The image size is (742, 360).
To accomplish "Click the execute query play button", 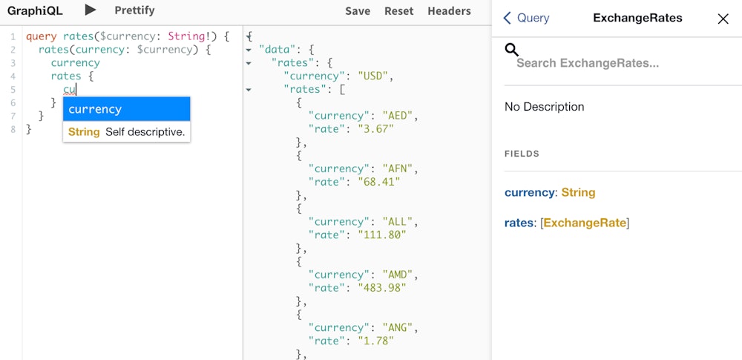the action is coord(91,10).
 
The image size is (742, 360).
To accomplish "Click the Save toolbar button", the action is coord(358,11).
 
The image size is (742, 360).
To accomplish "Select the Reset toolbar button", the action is coord(399,11).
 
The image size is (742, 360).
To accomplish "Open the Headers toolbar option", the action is coord(449,11).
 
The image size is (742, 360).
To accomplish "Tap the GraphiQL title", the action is coord(35,10).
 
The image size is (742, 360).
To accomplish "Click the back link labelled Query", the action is coord(526,18).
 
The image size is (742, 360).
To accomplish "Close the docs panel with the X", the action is coord(723,19).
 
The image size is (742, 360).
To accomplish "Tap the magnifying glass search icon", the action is coord(511,50).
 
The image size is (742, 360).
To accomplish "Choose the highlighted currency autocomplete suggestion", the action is coord(126,109).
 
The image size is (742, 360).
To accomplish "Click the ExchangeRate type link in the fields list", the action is coord(585,223).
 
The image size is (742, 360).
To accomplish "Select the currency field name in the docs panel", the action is coord(529,193).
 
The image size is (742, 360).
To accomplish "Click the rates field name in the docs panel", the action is coord(519,223).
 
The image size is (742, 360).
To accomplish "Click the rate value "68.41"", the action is coord(379,182).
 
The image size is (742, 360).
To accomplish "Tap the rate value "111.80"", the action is coord(382,235).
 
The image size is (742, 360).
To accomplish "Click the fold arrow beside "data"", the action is coord(249,50).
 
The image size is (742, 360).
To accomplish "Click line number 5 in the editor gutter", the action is coord(13,90).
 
